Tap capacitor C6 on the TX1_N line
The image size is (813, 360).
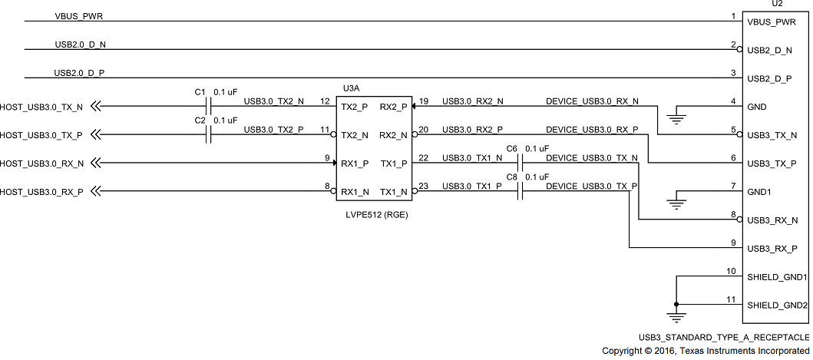tap(520, 163)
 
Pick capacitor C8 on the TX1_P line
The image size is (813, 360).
tap(520, 191)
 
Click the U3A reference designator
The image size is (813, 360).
tap(350, 89)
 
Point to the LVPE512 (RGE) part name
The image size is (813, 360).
tap(376, 214)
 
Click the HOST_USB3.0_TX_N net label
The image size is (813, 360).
tap(41, 107)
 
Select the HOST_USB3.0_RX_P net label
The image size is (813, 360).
tap(41, 191)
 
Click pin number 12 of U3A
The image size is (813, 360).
tap(325, 101)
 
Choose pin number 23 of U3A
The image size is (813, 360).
tap(424, 185)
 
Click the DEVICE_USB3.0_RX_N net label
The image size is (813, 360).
tap(591, 101)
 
